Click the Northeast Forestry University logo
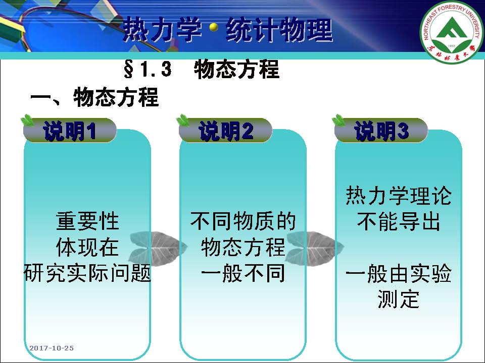tap(452, 31)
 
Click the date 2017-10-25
tap(52, 348)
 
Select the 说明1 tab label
tap(70, 131)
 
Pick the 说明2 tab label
tap(225, 131)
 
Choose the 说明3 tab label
tap(381, 131)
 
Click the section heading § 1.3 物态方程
tap(202, 69)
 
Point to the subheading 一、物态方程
tap(94, 97)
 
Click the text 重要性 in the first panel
tap(87, 221)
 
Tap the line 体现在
tap(87, 247)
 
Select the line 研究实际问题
tap(87, 273)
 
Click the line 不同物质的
tap(243, 221)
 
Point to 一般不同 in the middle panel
tap(243, 273)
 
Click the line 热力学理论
tap(399, 195)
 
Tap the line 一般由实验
tap(399, 273)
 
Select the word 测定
tap(399, 299)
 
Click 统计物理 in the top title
tap(279, 30)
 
